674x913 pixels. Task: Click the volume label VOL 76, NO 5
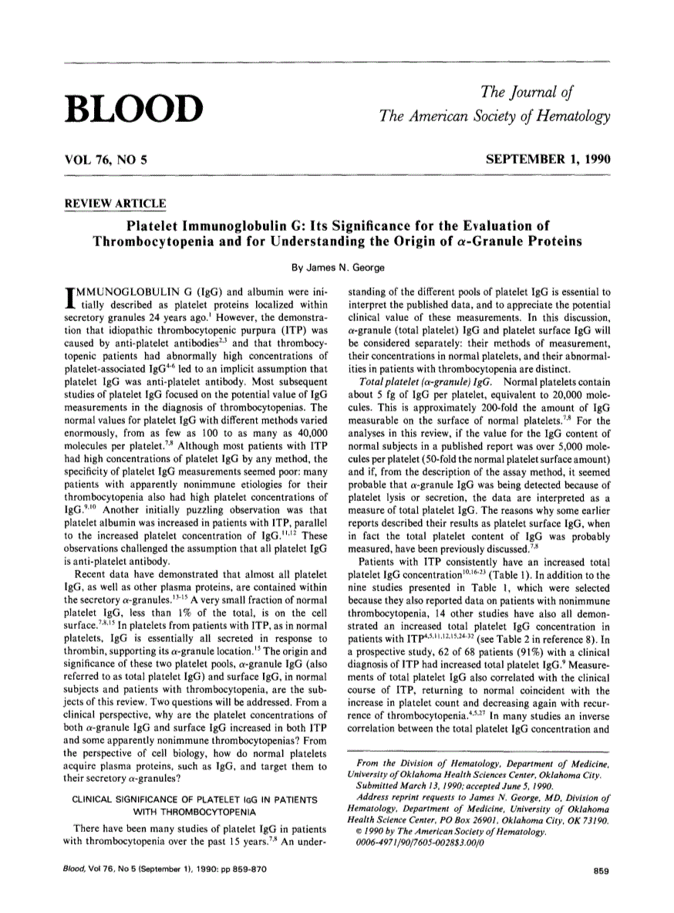tap(104, 160)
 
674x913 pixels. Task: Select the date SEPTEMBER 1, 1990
tap(548, 160)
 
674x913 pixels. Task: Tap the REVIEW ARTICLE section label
tap(115, 204)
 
